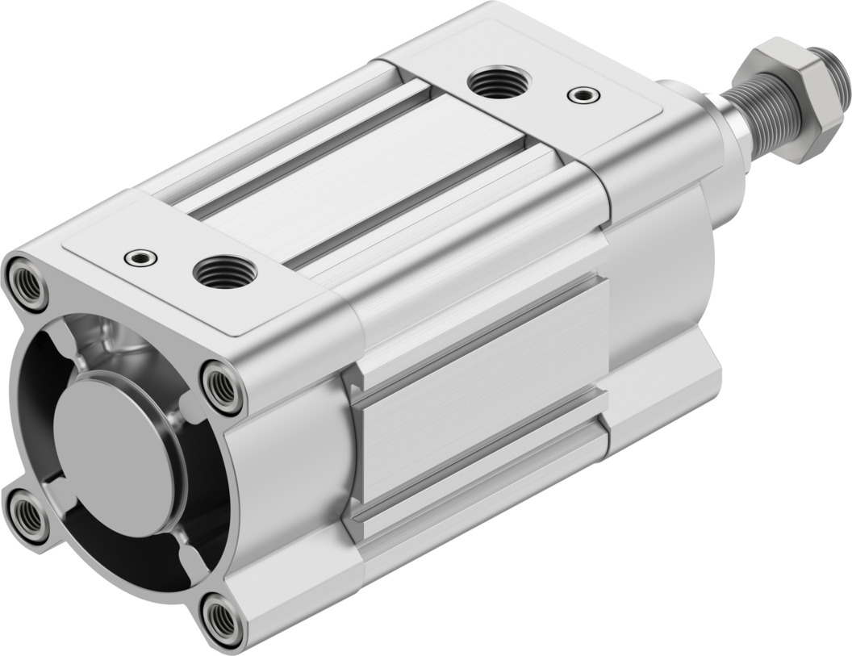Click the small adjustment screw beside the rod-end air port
(583, 95)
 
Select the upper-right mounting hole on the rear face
(221, 386)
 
